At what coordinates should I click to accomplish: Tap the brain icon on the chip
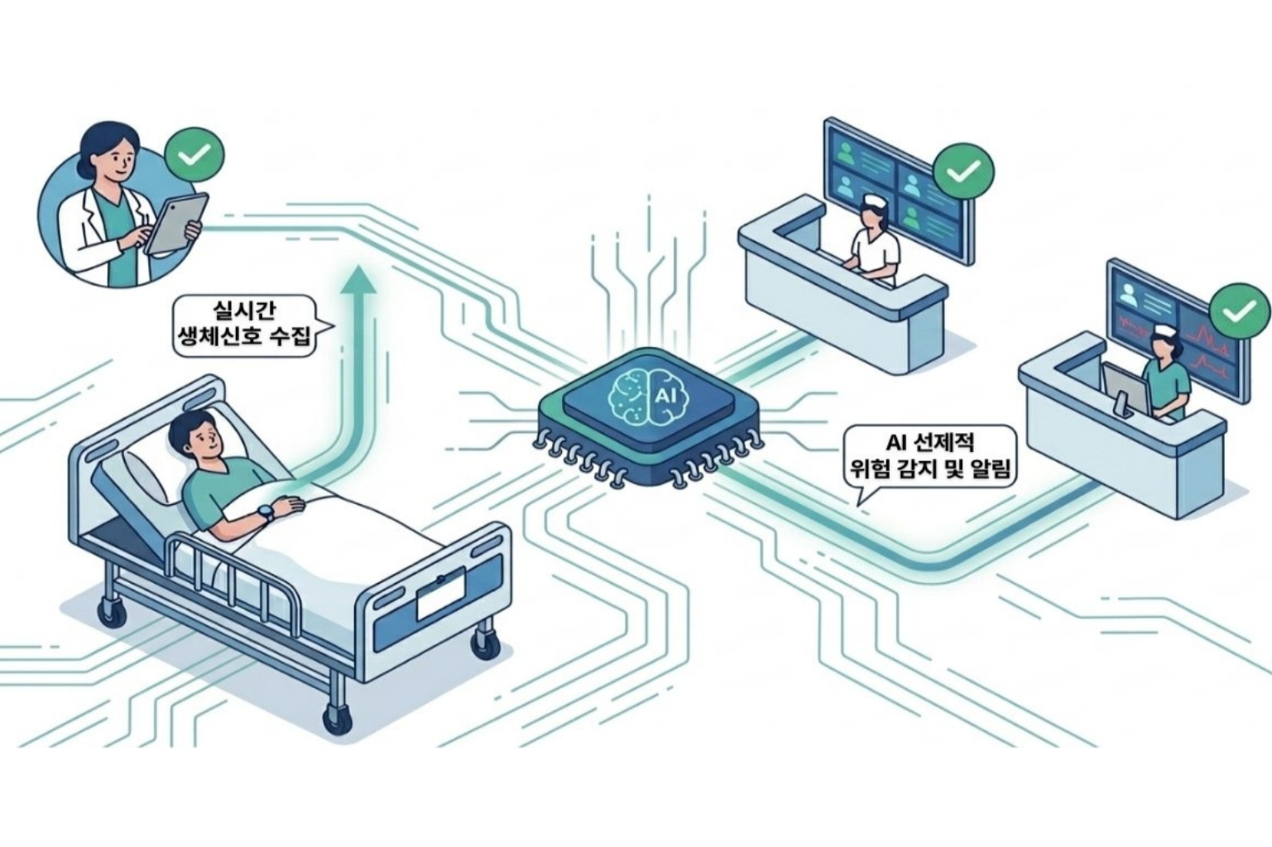point(648,396)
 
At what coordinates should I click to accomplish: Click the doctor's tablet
point(176,224)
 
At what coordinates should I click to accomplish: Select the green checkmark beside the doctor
point(194,155)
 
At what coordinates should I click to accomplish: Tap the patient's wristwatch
point(265,513)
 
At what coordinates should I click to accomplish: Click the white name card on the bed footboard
point(442,594)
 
